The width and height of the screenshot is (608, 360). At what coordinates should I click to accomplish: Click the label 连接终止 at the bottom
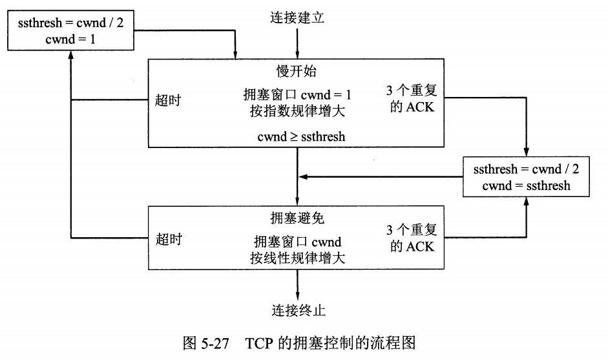[297, 310]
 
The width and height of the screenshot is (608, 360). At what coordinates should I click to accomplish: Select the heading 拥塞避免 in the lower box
[297, 217]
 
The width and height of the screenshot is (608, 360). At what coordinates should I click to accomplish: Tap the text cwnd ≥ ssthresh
[297, 136]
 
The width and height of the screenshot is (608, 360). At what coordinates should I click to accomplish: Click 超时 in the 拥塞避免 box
[169, 238]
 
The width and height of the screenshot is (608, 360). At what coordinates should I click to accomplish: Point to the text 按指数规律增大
[297, 110]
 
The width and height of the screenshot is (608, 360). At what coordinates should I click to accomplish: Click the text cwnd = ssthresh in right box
[526, 185]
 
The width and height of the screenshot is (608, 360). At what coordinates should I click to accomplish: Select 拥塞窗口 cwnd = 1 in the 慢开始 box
[297, 94]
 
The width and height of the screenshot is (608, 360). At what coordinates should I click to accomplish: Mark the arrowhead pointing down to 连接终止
[297, 293]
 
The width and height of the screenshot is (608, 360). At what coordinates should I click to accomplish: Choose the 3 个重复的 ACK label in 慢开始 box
[412, 99]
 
